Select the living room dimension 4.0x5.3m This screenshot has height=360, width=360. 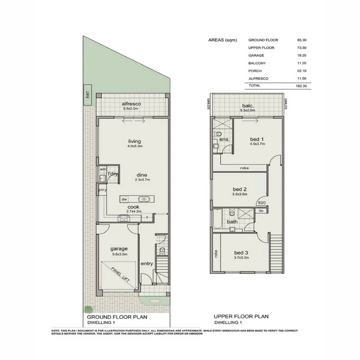pyautogui.click(x=134, y=146)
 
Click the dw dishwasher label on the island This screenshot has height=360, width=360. pyautogui.click(x=124, y=199)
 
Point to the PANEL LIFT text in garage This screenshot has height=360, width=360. pyautogui.click(x=120, y=274)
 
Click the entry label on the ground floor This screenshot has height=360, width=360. pyautogui.click(x=147, y=264)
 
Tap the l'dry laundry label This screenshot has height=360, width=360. pyautogui.click(x=113, y=175)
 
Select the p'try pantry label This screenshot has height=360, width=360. pyautogui.click(x=102, y=190)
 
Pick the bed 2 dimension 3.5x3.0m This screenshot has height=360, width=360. pyautogui.click(x=239, y=194)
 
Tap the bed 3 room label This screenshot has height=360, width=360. pyautogui.click(x=241, y=253)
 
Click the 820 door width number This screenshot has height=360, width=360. pyautogui.click(x=261, y=202)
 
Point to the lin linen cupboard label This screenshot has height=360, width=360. pyautogui.click(x=261, y=211)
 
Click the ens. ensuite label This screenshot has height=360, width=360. pyautogui.click(x=224, y=139)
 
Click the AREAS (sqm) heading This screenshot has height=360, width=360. pyautogui.click(x=222, y=40)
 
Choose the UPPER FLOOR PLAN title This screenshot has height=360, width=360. pyautogui.click(x=241, y=316)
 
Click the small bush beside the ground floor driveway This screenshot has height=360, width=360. pyautogui.click(x=89, y=309)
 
